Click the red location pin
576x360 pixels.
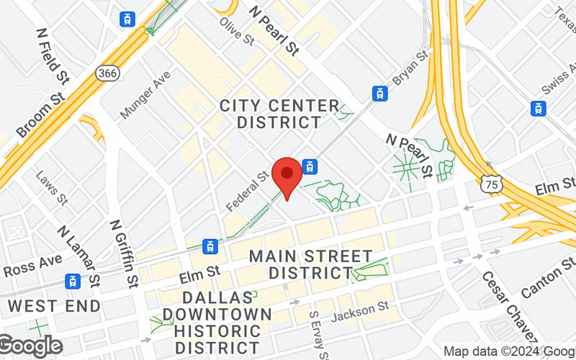click(288, 176)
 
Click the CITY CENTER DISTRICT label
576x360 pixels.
click(279, 114)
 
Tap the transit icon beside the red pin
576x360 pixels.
click(310, 167)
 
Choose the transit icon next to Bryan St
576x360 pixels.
click(379, 93)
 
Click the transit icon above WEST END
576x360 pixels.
click(73, 282)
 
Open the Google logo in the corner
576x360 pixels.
click(30, 346)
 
